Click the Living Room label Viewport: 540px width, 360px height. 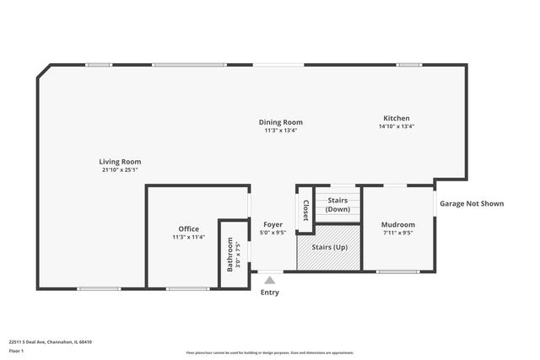120,161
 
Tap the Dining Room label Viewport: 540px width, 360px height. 280,122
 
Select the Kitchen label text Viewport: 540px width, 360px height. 397,118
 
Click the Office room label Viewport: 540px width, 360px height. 188,228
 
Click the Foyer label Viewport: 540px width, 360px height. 273,224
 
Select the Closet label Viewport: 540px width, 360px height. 305,208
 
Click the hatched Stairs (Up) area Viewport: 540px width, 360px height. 329,248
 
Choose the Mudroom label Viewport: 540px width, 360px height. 397,224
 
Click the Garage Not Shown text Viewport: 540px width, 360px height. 472,203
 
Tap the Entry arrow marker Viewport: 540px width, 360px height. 269,280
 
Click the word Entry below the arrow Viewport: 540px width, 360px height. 269,293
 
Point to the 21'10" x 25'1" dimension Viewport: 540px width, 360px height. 120,169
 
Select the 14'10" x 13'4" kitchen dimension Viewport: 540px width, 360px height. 397,126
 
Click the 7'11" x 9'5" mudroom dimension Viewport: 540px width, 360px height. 397,233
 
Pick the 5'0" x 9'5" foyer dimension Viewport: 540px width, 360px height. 273,233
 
